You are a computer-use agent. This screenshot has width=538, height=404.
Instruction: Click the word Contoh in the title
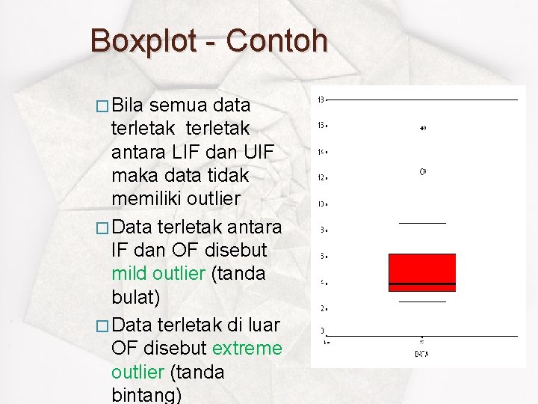(276, 40)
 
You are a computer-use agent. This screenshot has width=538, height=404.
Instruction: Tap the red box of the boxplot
(422, 268)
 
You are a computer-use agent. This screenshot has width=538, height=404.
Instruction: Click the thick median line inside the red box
(422, 284)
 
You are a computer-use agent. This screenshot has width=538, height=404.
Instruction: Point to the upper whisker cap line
(422, 223)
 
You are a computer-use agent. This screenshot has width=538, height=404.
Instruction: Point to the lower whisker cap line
(422, 302)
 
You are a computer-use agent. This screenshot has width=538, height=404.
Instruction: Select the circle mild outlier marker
(422, 171)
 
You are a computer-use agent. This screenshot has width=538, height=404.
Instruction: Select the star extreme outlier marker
(422, 129)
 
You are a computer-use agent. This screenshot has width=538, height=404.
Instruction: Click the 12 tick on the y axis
(321, 177)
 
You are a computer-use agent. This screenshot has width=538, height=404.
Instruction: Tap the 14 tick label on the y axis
(321, 152)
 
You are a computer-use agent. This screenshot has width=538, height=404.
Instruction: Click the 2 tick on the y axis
(321, 307)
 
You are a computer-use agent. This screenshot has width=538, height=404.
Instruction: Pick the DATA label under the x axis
(422, 353)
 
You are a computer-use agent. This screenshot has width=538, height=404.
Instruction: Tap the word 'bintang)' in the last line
(146, 394)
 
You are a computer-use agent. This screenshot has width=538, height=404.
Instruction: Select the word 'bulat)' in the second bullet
(136, 298)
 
